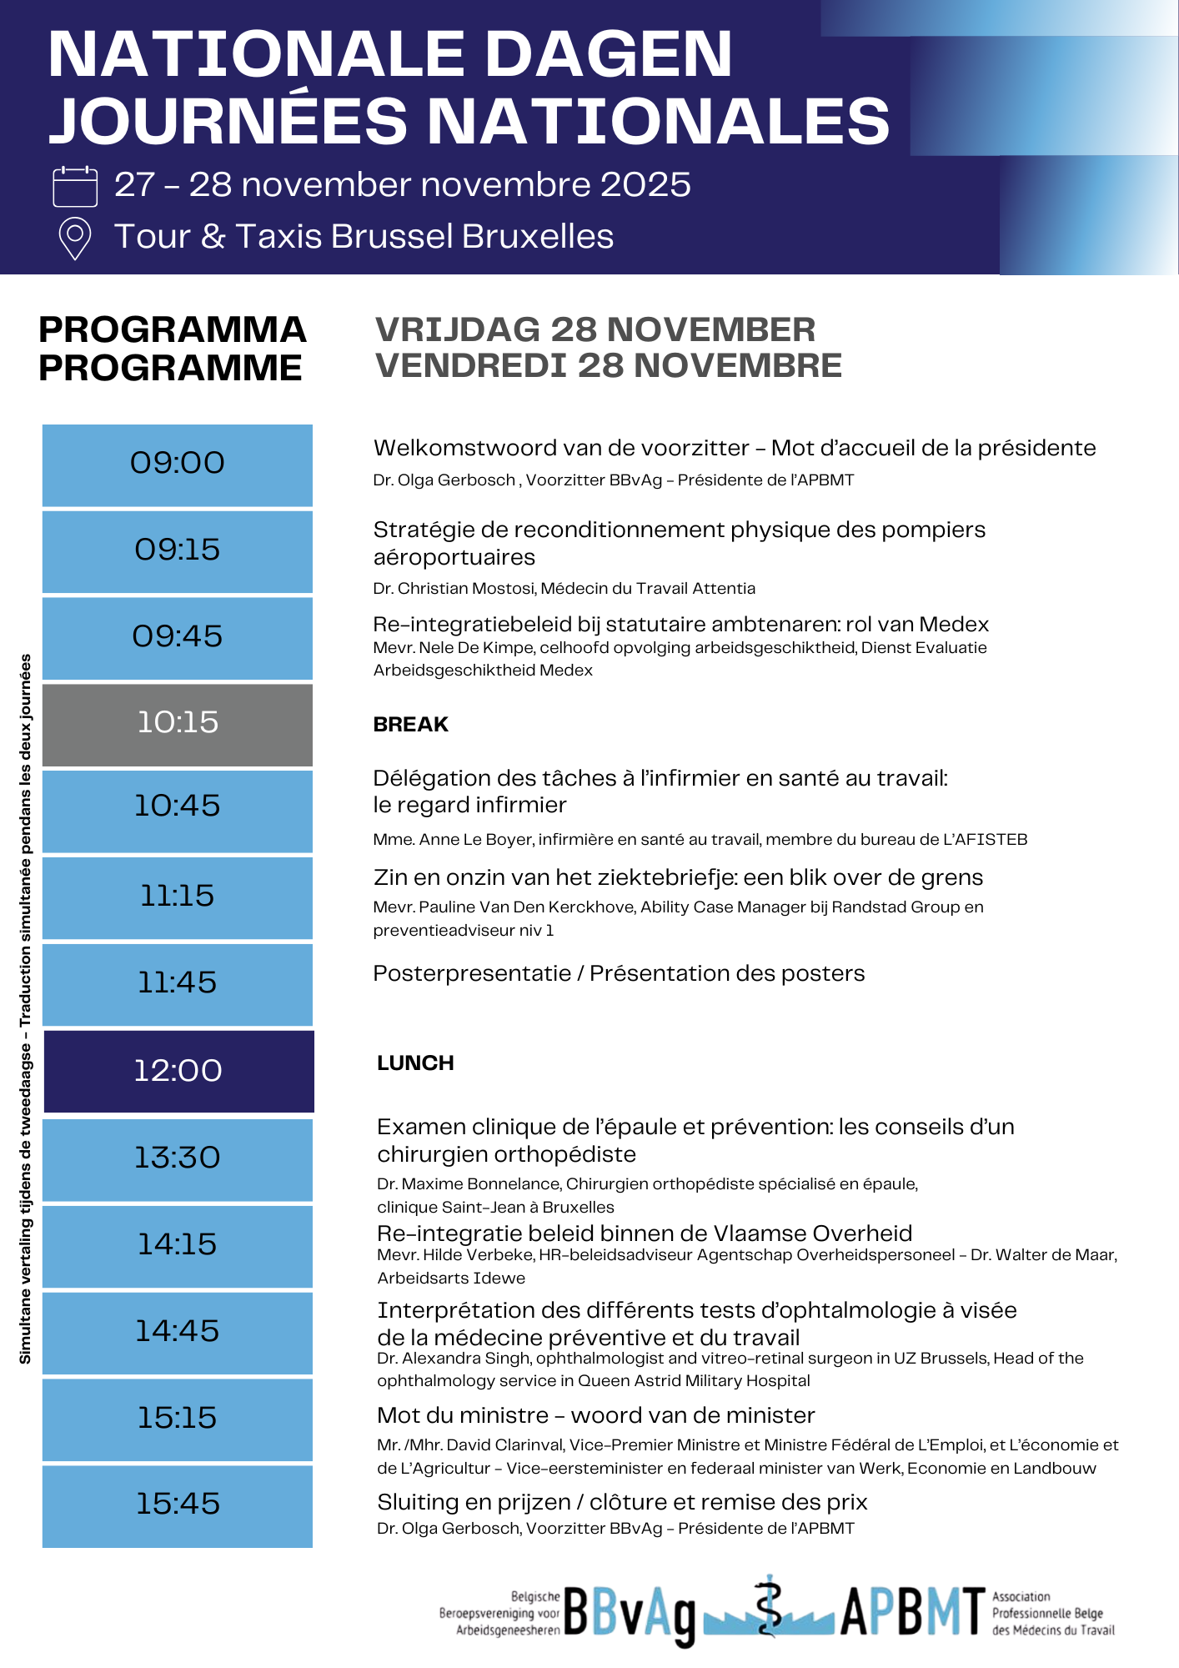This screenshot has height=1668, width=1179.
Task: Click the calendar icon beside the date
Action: pyautogui.click(x=75, y=186)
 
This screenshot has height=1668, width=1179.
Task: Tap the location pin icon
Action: pyautogui.click(x=75, y=239)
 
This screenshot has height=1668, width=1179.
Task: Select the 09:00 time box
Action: pyautogui.click(x=178, y=465)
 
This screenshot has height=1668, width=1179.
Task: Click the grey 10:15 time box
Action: pyautogui.click(x=178, y=724)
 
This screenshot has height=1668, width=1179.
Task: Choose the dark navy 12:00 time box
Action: pyautogui.click(x=178, y=1071)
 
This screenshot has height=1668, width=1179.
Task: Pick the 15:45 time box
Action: pyautogui.click(x=178, y=1505)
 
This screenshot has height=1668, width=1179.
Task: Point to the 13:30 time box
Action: pyautogui.click(x=178, y=1158)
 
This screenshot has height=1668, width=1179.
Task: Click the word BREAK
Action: pyautogui.click(x=410, y=725)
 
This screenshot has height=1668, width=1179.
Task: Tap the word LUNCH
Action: pyautogui.click(x=415, y=1063)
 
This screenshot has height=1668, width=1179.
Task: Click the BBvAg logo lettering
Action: pyautogui.click(x=630, y=1614)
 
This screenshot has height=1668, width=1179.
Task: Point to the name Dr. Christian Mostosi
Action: pyautogui.click(x=454, y=589)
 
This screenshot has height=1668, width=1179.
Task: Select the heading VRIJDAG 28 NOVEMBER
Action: pyautogui.click(x=595, y=330)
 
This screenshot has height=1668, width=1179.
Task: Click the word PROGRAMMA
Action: pyautogui.click(x=173, y=330)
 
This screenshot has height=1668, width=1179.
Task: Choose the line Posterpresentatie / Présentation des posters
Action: pyautogui.click(x=619, y=974)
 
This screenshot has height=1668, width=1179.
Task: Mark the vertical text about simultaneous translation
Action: pyautogui.click(x=25, y=1009)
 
